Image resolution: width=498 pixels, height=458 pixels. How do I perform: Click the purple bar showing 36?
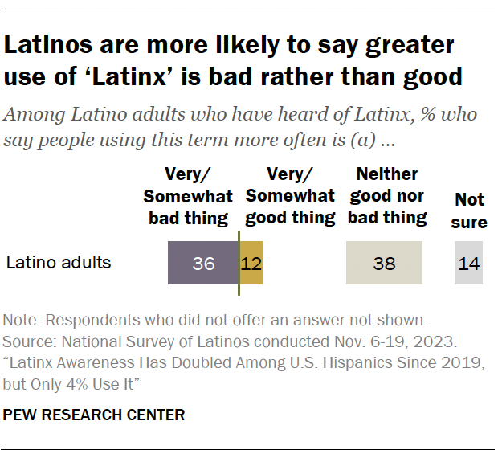[x=203, y=263]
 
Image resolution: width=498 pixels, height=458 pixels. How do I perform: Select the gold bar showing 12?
[x=251, y=263]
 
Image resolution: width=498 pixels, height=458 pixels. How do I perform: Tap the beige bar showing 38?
[x=384, y=263]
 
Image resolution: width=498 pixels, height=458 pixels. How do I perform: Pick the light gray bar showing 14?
[x=468, y=263]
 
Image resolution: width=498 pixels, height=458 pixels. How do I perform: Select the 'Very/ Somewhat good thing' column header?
[x=290, y=196]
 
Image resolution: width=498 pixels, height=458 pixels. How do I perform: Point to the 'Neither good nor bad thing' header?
[x=387, y=196]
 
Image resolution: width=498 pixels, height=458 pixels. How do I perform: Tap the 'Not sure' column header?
[x=468, y=211]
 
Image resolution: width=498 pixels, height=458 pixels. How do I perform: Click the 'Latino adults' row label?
[x=58, y=262]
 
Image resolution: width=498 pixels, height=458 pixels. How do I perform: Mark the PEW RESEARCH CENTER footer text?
[x=95, y=415]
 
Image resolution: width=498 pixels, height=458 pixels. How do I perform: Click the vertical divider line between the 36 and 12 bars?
[x=239, y=263]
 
